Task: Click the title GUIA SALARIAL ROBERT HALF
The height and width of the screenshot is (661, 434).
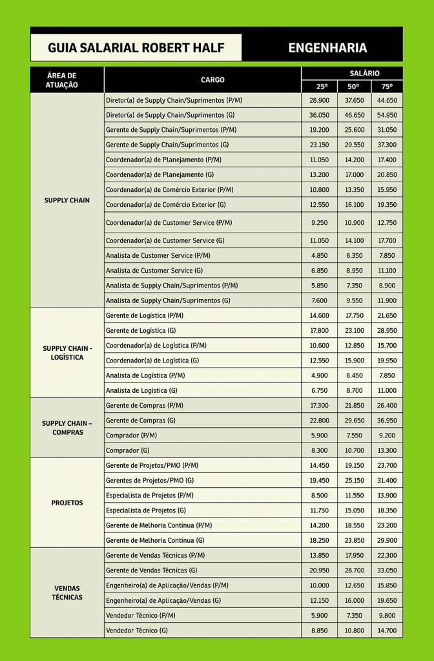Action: [x=136, y=48]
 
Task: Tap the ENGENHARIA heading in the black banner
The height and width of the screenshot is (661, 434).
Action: [x=327, y=48]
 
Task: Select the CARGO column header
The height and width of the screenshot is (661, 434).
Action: [x=212, y=79]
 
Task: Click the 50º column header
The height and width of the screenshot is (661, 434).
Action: [x=353, y=87]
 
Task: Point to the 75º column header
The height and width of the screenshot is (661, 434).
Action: [x=387, y=87]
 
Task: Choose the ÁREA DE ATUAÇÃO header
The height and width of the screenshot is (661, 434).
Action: [x=62, y=79]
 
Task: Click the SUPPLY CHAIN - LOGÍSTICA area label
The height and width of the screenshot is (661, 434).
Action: [x=67, y=353]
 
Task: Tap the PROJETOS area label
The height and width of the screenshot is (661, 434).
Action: [x=67, y=503]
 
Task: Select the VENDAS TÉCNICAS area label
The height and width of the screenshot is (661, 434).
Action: [x=67, y=593]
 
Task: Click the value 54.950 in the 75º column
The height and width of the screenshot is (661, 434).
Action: [x=387, y=115]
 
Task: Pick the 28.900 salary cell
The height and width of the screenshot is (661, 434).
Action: [x=319, y=100]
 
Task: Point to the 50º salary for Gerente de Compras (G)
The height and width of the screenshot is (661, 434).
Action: [x=354, y=421]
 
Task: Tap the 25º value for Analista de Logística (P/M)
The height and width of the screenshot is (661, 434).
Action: [x=319, y=375]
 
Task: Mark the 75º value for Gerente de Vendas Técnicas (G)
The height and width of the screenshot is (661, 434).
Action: [x=387, y=571]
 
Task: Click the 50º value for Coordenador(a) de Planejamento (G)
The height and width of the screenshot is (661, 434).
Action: [x=354, y=175]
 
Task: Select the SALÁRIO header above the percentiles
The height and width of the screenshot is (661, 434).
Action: [x=351, y=73]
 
